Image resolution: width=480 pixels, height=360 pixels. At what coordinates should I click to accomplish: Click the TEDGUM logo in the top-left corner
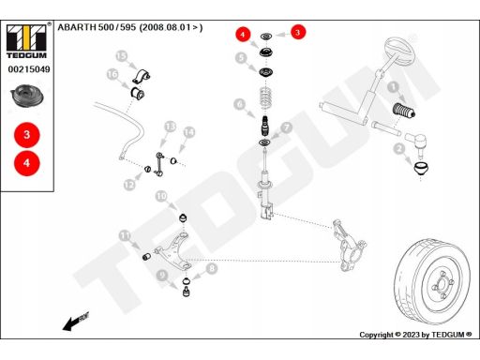click(x=27, y=41)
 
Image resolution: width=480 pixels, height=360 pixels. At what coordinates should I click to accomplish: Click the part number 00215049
click(x=29, y=69)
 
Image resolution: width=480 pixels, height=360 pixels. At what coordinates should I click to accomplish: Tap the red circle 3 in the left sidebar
click(x=27, y=135)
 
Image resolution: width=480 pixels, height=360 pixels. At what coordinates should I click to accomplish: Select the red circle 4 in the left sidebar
click(x=27, y=163)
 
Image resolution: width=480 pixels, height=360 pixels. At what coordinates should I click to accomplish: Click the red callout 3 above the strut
click(x=298, y=32)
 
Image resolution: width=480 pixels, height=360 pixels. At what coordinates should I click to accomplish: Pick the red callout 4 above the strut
click(x=243, y=34)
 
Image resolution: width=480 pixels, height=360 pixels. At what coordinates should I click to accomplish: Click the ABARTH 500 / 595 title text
click(x=130, y=27)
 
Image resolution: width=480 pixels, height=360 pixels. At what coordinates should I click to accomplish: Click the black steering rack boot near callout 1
click(x=403, y=111)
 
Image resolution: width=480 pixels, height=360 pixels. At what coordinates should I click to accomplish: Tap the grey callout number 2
click(x=399, y=148)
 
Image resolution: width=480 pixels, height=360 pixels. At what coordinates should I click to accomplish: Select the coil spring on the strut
click(x=265, y=98)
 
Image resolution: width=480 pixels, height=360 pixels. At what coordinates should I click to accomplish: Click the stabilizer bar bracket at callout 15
click(x=141, y=77)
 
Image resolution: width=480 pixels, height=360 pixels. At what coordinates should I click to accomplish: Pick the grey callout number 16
click(x=112, y=74)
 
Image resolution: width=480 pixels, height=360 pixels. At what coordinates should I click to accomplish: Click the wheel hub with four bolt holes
click(x=442, y=284)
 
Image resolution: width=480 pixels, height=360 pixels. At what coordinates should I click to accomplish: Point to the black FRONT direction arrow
click(x=76, y=321)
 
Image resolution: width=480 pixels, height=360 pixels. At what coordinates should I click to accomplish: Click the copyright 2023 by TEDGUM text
click(x=415, y=335)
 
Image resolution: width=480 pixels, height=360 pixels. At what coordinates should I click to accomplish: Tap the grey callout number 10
click(x=161, y=196)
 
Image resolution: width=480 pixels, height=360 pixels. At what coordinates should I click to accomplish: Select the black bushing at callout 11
click(x=146, y=257)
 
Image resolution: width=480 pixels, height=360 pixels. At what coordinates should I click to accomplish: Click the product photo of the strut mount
click(x=27, y=97)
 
